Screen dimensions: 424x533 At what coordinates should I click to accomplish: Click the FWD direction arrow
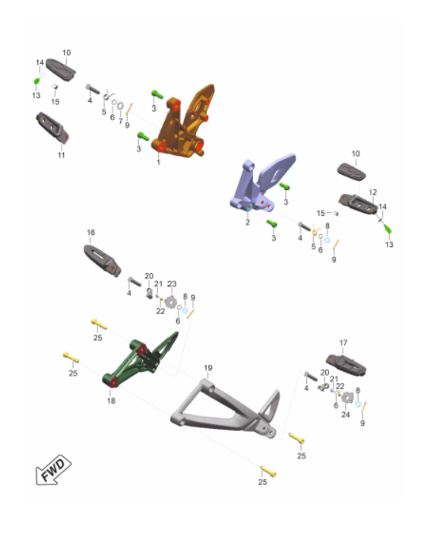point(53,470)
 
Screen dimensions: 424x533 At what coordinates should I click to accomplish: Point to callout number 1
point(158,163)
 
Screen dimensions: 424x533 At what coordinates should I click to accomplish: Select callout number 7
point(120,121)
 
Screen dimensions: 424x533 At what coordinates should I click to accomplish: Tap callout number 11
point(61,155)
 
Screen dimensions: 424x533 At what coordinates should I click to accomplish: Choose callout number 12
point(373,192)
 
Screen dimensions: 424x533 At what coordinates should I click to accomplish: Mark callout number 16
point(90,233)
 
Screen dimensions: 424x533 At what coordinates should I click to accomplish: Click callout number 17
point(343,343)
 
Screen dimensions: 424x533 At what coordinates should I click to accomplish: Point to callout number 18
point(111,401)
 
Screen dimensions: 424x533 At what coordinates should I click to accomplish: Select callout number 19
point(208,368)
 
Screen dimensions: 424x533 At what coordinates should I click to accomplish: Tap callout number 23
point(172,284)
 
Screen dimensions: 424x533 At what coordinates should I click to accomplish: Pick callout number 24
point(346,414)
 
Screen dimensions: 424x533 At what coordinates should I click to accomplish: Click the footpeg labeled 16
point(102,261)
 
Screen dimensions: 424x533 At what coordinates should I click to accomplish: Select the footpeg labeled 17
point(346,365)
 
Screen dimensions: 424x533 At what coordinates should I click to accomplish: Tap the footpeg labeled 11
point(52,128)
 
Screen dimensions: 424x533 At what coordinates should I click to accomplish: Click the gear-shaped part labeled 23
point(170,302)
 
